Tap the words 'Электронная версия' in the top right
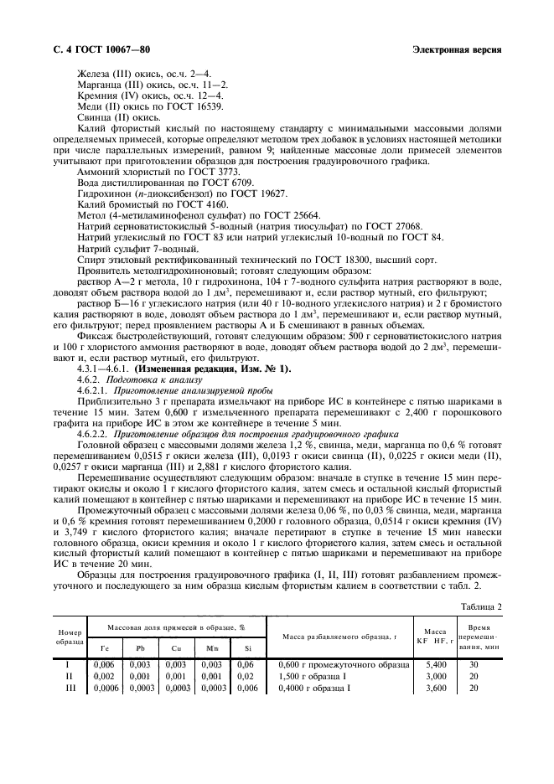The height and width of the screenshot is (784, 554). (x=458, y=50)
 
